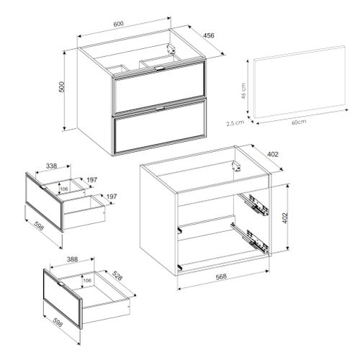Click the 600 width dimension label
click(118, 24)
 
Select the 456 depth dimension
click(209, 35)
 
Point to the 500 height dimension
click(62, 86)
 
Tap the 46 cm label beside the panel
click(243, 91)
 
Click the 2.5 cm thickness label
click(235, 123)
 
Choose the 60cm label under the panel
click(299, 122)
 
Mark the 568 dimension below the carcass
click(221, 276)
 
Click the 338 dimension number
click(51, 166)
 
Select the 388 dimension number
click(72, 259)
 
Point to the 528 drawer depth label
click(117, 276)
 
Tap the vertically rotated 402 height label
click(285, 218)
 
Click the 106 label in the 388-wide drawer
click(87, 280)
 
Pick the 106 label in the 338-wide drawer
click(64, 189)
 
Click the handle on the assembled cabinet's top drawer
click(160, 68)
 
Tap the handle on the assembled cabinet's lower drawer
click(160, 109)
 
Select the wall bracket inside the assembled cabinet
click(171, 48)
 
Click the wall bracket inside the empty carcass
click(236, 166)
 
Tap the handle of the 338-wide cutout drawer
click(42, 186)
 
